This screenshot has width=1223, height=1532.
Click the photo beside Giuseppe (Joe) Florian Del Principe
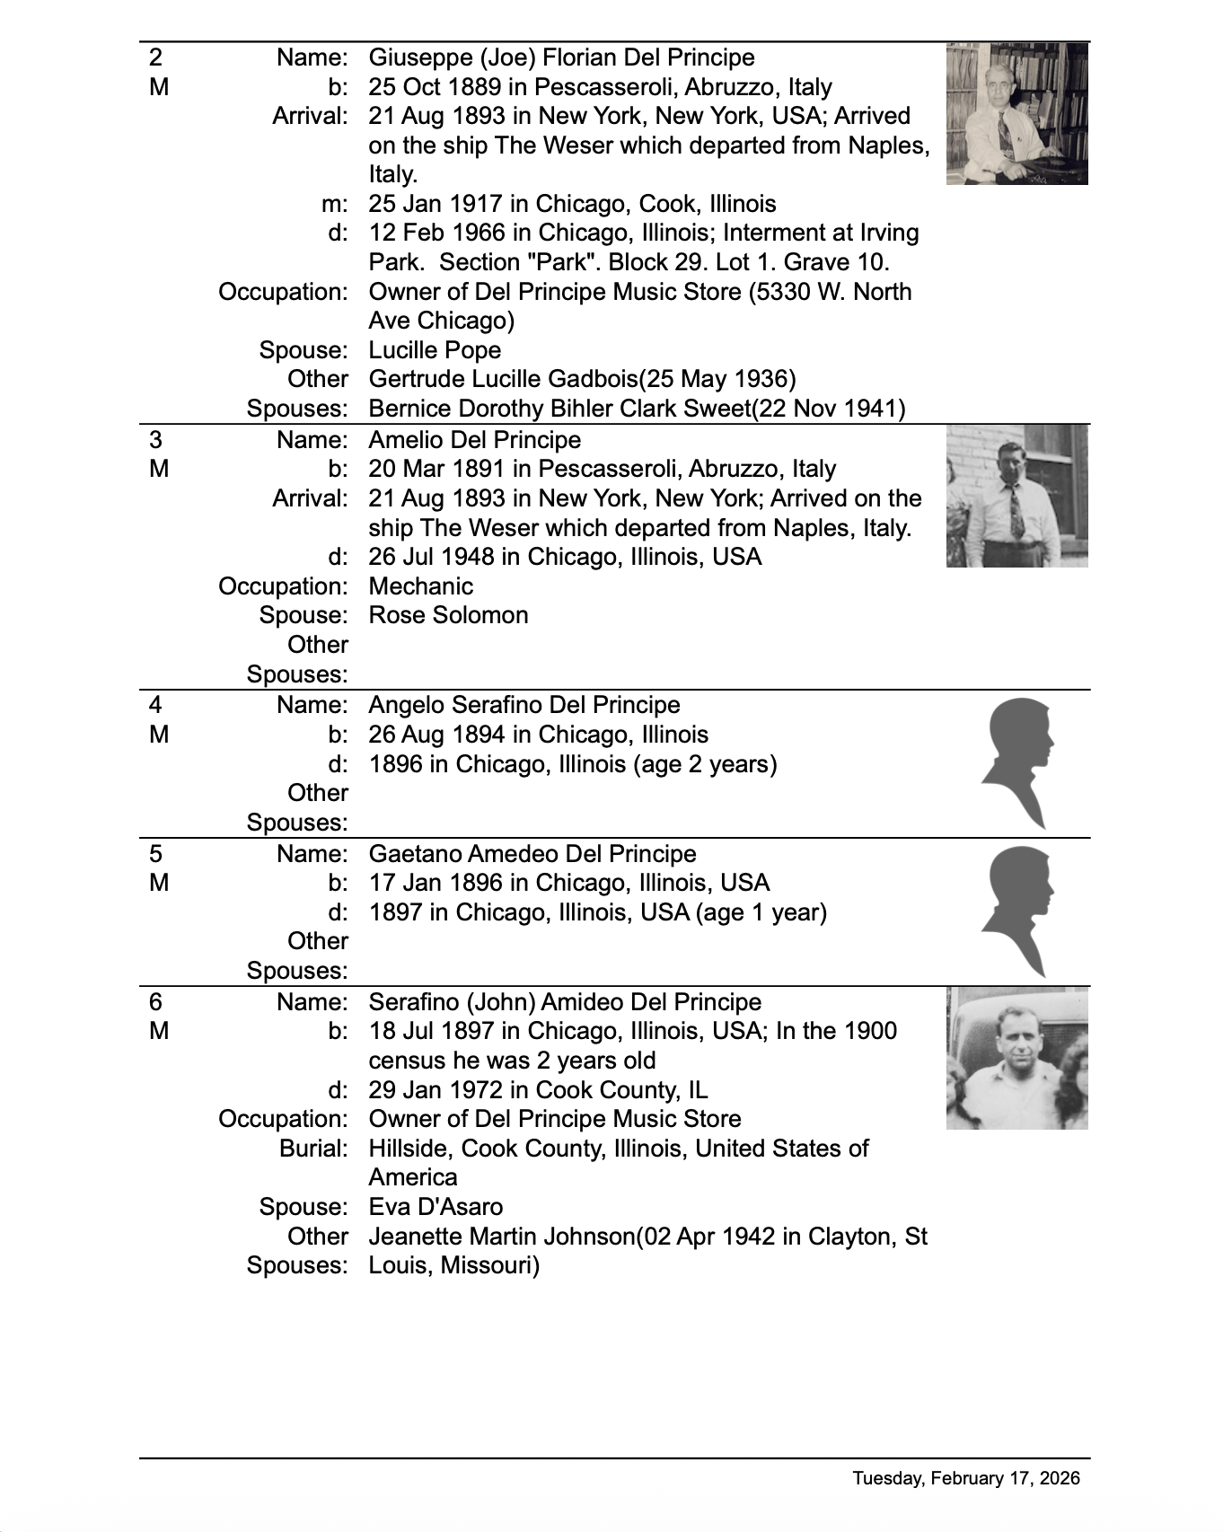1016,113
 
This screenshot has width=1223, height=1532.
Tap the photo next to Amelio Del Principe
1016,496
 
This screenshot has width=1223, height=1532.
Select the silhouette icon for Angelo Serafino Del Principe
1017,763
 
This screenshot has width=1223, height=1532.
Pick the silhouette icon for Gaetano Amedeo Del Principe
1017,911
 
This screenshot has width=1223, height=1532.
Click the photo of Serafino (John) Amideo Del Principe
1016,1058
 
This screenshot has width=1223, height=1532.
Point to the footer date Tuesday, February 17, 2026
966,1478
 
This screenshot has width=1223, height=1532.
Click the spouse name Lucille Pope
435,350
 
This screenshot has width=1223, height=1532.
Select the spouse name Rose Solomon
448,615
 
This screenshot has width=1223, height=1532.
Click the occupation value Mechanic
420,586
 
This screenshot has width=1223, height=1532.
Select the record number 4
155,705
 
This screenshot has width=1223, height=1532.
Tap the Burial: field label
313,1149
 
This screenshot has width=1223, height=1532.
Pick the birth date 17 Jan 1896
427,883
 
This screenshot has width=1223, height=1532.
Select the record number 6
155,1002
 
